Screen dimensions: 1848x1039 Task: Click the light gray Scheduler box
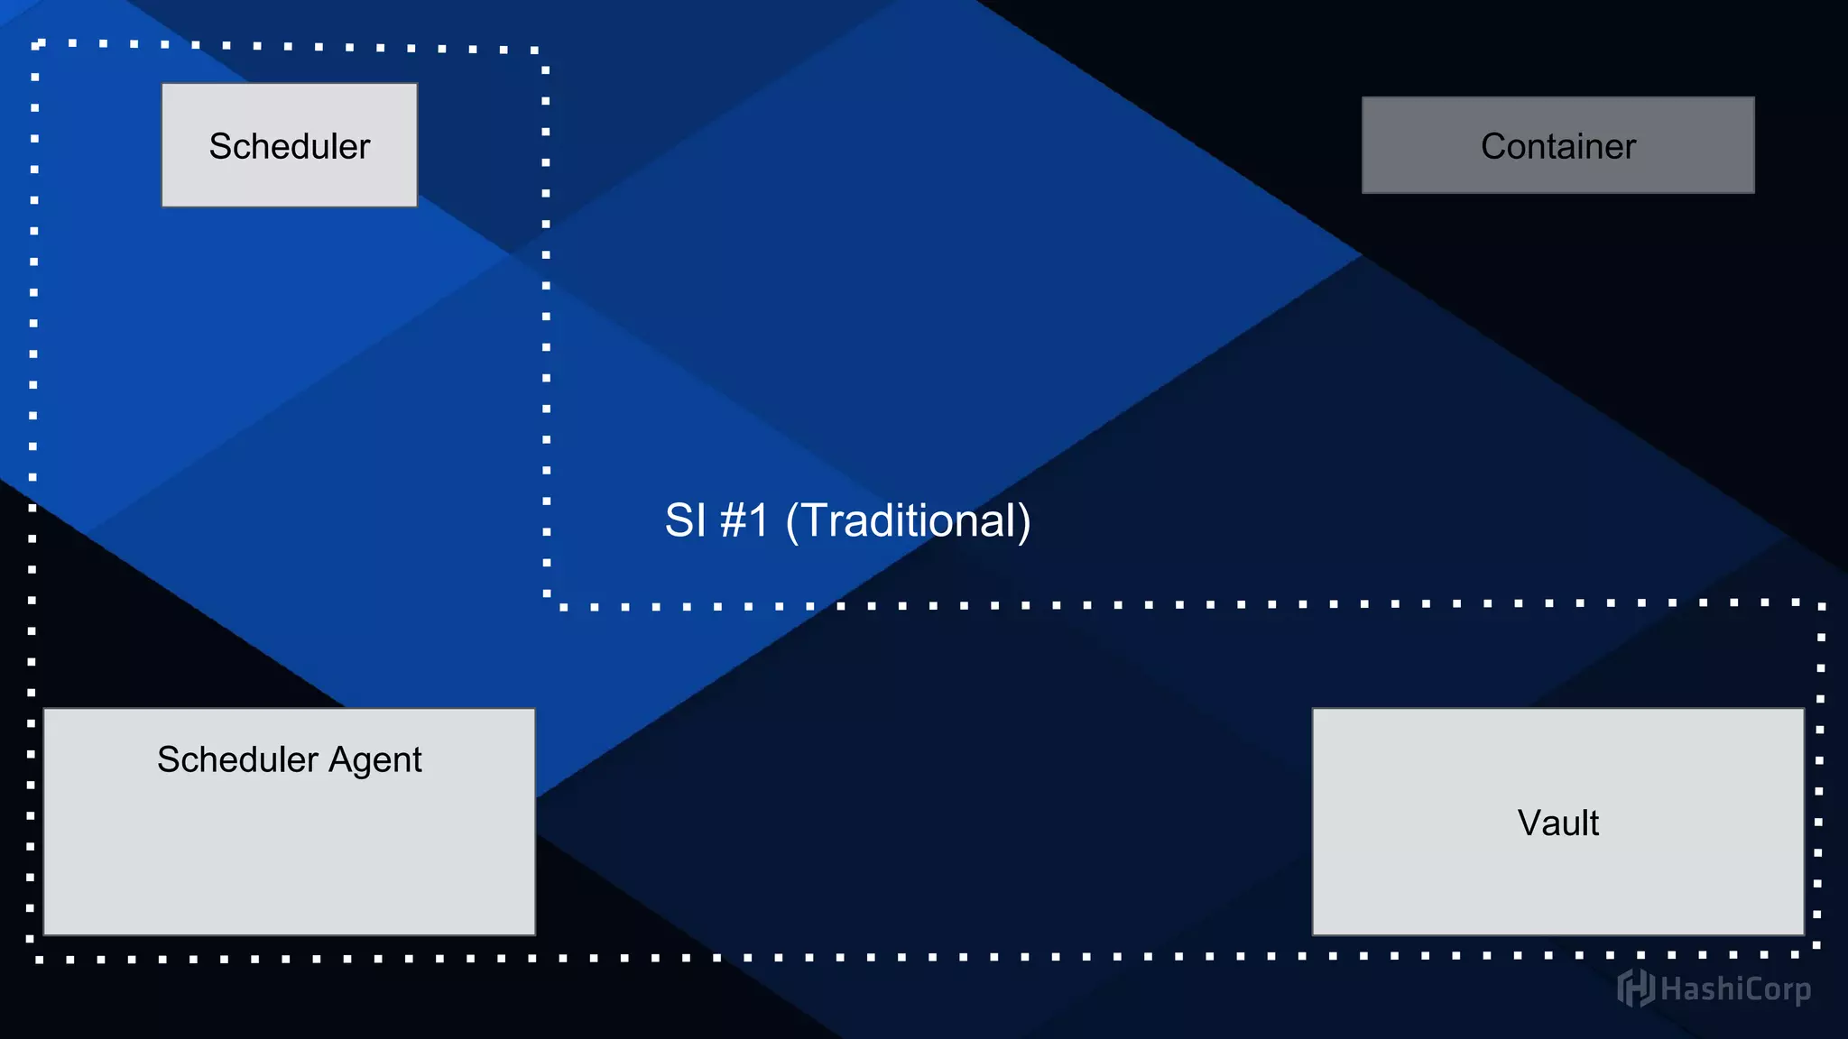[289, 145]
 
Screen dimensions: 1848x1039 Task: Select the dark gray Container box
[1557, 145]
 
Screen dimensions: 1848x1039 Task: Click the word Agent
[374, 760]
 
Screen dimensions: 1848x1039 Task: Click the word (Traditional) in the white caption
[908, 520]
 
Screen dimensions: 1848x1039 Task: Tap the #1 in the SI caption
[744, 520]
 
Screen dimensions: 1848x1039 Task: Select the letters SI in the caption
[685, 520]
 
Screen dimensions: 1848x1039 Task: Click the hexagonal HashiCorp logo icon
[1635, 988]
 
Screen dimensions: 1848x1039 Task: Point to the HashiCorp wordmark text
[1735, 989]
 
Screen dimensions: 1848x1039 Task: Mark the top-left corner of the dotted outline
[36, 44]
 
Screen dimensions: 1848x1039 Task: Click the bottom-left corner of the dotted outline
[31, 959]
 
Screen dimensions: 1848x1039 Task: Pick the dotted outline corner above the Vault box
[1822, 604]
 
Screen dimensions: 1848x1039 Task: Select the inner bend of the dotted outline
[548, 604]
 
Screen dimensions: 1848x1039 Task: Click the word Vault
[1557, 823]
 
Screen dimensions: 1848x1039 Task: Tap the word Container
[1557, 146]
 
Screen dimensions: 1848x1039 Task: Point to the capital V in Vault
[1529, 823]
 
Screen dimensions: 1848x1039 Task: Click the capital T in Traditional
[815, 520]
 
